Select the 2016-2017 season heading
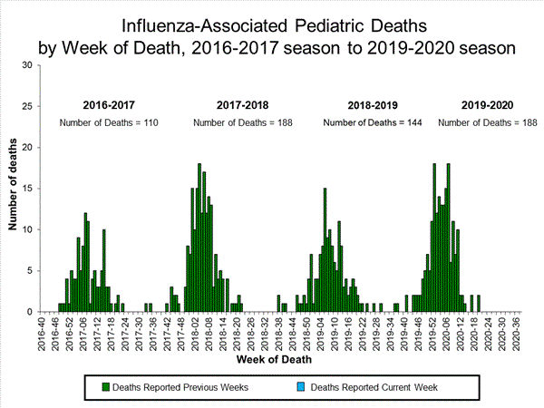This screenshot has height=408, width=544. click(x=112, y=105)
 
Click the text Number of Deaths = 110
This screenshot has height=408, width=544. click(x=112, y=122)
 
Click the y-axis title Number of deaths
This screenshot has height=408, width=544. click(x=13, y=189)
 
